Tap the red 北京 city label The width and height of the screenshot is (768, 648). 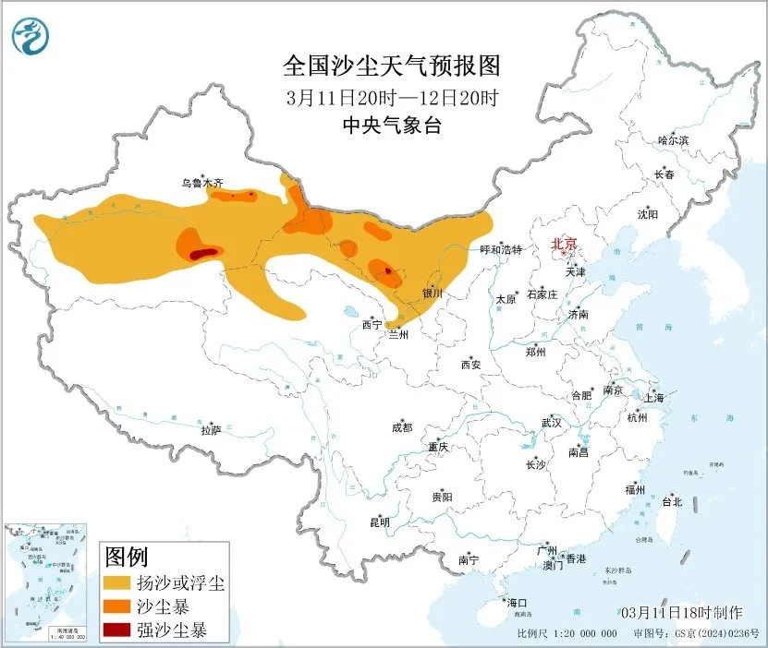click(564, 244)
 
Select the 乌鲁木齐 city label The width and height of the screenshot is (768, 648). click(202, 184)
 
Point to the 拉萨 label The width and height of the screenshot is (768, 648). click(211, 430)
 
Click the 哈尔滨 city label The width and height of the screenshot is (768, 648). click(673, 139)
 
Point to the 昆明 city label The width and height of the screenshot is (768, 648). click(380, 522)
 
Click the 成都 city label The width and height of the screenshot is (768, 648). click(402, 427)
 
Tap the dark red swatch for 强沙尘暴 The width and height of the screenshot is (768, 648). click(116, 631)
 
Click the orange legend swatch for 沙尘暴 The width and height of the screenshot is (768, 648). click(116, 607)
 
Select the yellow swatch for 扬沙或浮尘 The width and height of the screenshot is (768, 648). click(116, 583)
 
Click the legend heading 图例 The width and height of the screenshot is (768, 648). click(127, 557)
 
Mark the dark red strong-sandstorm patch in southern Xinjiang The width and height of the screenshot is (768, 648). click(204, 251)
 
